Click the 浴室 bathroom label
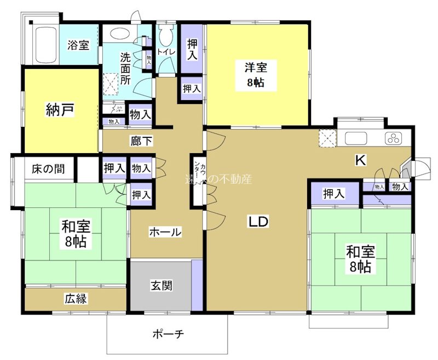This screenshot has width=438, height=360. (78, 45)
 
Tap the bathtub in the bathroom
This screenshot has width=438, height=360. (44, 45)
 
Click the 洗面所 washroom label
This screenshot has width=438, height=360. (125, 66)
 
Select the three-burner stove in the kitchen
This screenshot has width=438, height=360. (393, 138)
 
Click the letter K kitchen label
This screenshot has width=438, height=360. (360, 160)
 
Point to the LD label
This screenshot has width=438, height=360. (258, 222)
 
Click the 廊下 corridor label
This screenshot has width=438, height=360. (141, 141)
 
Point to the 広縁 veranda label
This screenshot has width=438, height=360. (77, 299)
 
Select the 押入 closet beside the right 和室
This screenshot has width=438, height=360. (334, 193)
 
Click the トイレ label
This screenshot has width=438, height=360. (166, 52)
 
